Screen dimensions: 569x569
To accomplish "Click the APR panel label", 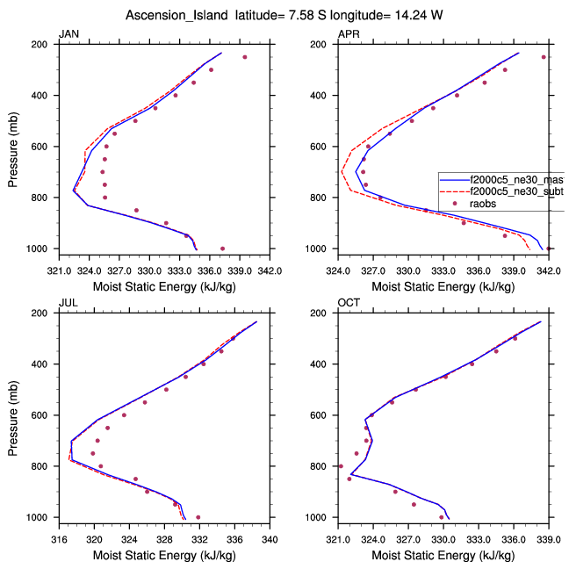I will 348,34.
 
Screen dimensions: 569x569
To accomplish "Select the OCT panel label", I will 349,303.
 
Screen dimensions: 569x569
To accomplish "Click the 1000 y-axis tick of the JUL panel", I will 41,518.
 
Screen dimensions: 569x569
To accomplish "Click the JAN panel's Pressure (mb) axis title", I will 12,147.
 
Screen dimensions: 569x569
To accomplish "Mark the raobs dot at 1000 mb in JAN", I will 222,248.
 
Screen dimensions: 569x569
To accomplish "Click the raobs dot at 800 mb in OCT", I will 341,466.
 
